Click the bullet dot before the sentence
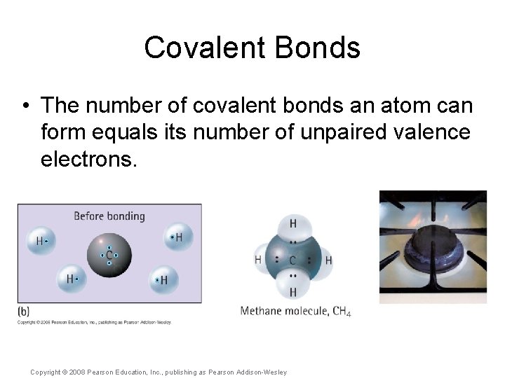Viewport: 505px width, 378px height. point(25,106)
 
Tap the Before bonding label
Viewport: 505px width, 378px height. point(109,216)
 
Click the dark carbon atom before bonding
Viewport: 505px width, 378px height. point(109,255)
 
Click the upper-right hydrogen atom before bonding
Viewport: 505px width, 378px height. point(177,238)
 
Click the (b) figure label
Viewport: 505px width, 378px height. point(24,311)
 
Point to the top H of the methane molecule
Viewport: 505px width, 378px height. point(292,224)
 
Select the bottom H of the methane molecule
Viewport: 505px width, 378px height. point(292,291)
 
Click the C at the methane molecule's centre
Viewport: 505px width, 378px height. point(292,260)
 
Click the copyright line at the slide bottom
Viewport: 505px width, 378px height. point(159,372)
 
